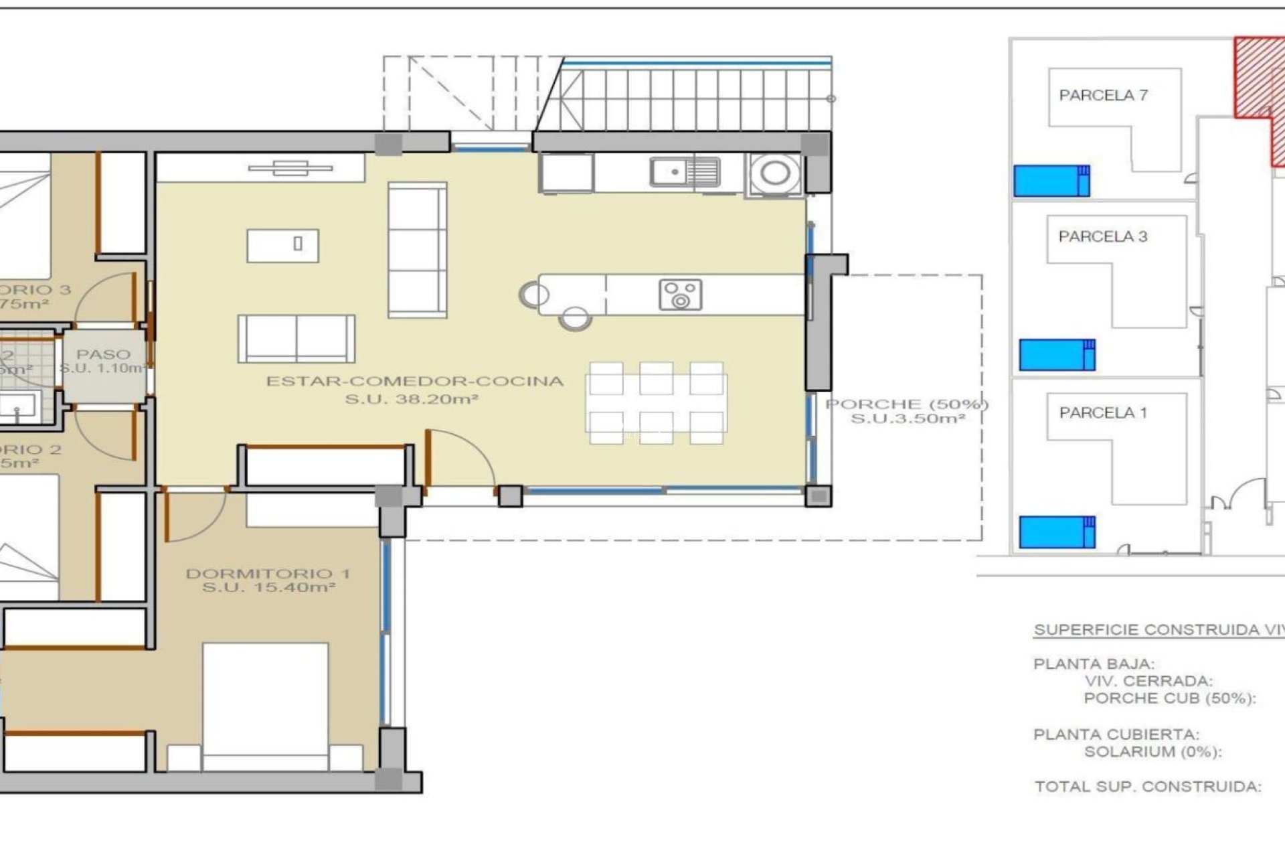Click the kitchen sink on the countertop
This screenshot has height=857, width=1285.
685,172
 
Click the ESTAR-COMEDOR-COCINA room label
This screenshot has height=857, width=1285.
415,382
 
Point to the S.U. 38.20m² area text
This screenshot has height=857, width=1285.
411,400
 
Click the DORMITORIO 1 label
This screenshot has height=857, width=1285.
268,574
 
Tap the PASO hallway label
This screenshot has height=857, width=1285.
103,355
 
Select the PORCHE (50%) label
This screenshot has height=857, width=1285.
906,404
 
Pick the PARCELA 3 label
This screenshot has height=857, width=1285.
1102,236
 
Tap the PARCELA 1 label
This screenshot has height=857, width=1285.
1102,413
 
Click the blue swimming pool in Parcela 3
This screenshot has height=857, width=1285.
1056,355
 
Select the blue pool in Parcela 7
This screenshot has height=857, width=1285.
1051,181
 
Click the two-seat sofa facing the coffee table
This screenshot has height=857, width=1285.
296,339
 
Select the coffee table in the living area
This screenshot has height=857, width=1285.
282,245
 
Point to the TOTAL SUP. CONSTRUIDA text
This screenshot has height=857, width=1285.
1147,787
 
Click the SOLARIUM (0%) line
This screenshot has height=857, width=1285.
1152,752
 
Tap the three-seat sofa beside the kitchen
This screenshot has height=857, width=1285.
417,250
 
